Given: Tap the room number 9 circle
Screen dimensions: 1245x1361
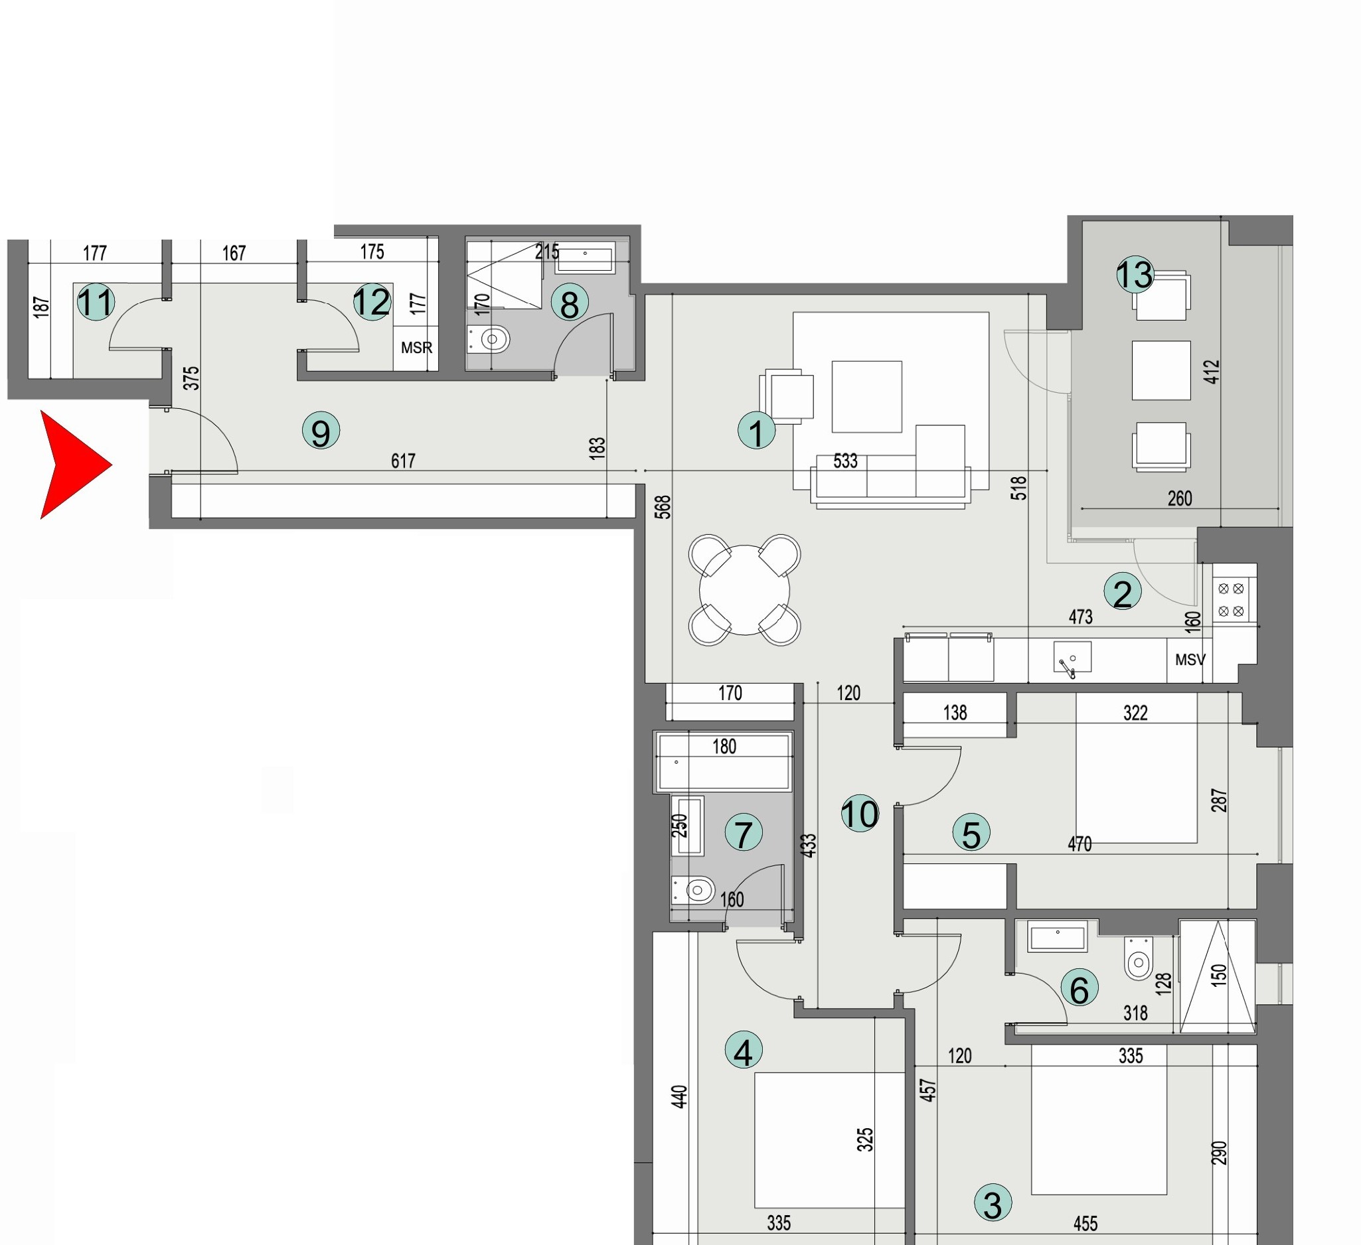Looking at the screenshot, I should click(321, 431).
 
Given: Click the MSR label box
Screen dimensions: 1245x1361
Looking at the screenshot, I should click(416, 348).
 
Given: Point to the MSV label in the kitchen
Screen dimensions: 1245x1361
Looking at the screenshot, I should click(1190, 660).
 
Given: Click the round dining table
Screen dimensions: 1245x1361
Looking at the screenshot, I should click(745, 591).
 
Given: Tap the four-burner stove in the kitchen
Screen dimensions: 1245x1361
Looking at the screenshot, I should click(1231, 600).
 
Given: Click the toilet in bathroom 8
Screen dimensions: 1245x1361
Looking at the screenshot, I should click(491, 339).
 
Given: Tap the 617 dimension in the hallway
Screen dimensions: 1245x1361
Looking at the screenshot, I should click(403, 461).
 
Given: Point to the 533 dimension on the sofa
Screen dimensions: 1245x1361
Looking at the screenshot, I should click(845, 461).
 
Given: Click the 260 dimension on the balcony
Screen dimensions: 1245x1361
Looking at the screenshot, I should click(1179, 498).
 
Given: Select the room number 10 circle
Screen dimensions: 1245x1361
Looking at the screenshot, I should click(860, 814).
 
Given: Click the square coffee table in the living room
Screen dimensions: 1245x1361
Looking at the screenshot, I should click(867, 396).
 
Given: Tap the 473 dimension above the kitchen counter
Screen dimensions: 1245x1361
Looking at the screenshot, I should click(1080, 617).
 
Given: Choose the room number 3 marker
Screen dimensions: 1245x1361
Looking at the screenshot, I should click(993, 1203).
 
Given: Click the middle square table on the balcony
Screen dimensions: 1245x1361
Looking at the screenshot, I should click(1161, 370).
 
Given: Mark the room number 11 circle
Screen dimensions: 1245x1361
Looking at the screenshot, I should click(95, 302).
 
